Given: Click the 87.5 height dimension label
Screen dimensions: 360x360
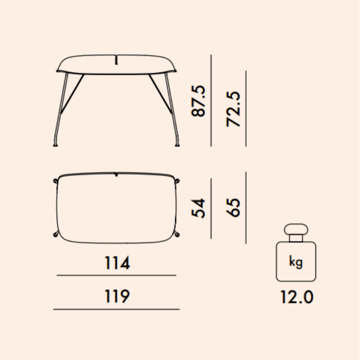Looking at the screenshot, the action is [198, 101].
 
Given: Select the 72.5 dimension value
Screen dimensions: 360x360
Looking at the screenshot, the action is [234, 109].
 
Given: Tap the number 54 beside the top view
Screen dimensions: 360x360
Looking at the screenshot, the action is [198, 208].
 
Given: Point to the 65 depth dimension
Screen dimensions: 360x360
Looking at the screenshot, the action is [234, 207].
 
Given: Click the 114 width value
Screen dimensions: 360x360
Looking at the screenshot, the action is [117, 263].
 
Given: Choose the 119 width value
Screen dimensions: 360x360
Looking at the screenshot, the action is [117, 296].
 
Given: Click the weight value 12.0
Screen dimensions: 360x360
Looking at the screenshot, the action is [297, 297].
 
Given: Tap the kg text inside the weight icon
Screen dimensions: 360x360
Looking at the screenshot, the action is [296, 262].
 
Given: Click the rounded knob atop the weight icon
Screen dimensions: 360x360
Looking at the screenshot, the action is [296, 229].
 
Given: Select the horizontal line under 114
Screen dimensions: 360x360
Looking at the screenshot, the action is [117, 275].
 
